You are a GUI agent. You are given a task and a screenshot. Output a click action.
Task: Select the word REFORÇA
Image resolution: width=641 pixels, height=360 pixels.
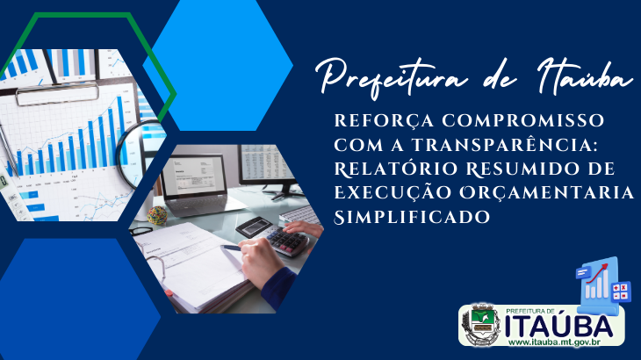click(x=384, y=121)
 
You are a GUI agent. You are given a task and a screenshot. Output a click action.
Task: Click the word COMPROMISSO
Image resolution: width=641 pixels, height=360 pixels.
click(x=523, y=120)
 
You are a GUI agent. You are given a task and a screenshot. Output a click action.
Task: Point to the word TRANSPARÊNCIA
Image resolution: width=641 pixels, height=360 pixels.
click(x=505, y=144)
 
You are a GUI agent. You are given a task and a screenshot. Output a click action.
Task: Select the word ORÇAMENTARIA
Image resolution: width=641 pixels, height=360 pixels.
click(x=546, y=193)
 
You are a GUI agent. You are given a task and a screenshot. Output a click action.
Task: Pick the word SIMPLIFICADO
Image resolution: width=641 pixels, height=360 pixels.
click(x=412, y=217)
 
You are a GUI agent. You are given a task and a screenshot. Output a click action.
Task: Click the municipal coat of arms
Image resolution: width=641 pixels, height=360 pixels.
click(x=481, y=325)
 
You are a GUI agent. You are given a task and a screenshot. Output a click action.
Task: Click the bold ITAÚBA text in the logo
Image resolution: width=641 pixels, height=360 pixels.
click(x=558, y=326)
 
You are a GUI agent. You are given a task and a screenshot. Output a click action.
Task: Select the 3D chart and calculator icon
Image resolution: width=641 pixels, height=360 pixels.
click(x=599, y=284)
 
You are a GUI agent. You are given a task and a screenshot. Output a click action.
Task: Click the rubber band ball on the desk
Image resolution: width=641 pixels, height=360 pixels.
click(x=157, y=215)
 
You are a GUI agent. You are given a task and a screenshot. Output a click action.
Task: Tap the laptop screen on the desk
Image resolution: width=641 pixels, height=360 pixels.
click(x=193, y=175)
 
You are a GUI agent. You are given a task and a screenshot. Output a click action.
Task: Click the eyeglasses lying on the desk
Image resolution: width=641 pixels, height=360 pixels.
click(x=142, y=230)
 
